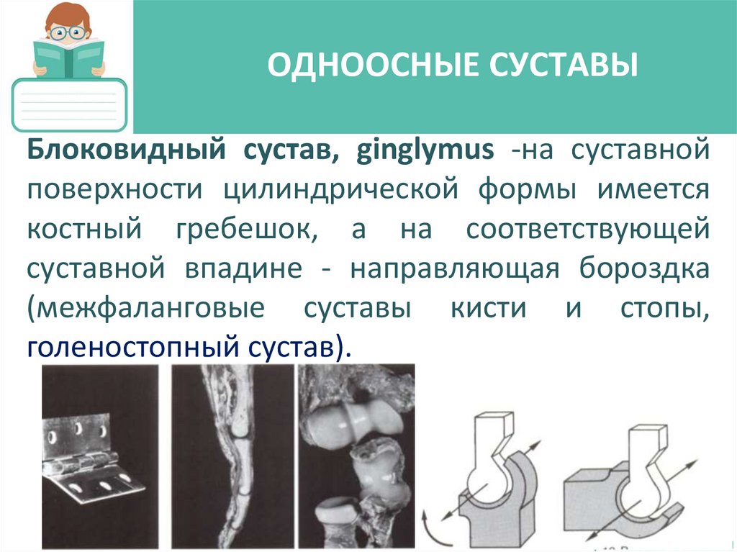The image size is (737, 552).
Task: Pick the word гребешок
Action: pyautogui.click(x=243, y=231)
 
